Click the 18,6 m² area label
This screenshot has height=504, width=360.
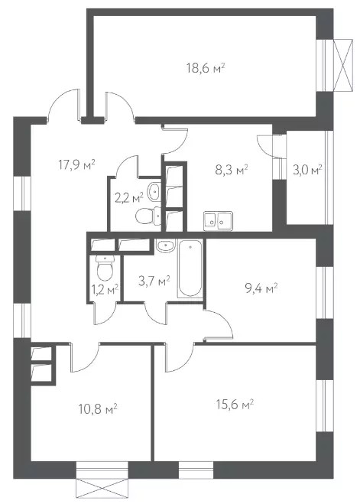[205, 68]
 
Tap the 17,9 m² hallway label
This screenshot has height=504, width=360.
[76, 164]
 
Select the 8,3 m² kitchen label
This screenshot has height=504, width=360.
[232, 169]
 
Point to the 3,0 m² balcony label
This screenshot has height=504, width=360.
[307, 169]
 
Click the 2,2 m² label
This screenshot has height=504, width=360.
[128, 197]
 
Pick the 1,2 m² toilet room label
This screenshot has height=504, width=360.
[105, 289]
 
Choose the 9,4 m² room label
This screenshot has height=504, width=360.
[261, 288]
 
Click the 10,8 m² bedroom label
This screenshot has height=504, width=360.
[98, 409]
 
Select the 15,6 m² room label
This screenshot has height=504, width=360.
[235, 404]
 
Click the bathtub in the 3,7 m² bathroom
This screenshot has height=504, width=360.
[190, 268]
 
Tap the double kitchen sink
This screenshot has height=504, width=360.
[218, 220]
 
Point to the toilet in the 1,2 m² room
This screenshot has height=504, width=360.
[105, 268]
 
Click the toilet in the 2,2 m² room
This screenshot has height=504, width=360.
[148, 216]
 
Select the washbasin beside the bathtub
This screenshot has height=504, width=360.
[165, 245]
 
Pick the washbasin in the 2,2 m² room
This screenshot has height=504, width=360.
[154, 192]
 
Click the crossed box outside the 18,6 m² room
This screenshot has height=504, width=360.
[343, 64]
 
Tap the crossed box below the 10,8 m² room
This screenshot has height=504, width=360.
[102, 489]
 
